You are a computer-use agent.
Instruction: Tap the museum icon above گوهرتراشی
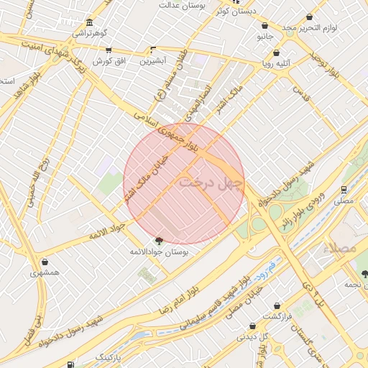(89, 22)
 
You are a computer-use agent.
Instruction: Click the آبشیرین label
(152, 61)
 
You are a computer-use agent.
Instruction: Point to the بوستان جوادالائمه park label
(159, 252)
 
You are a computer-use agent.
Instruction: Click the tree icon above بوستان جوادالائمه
(158, 241)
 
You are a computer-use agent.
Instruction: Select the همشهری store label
(46, 273)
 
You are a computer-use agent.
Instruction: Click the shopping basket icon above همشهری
(46, 262)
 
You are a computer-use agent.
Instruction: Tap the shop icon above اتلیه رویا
(277, 52)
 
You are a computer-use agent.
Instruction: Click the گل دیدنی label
(253, 336)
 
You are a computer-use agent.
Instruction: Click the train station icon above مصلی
(345, 190)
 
